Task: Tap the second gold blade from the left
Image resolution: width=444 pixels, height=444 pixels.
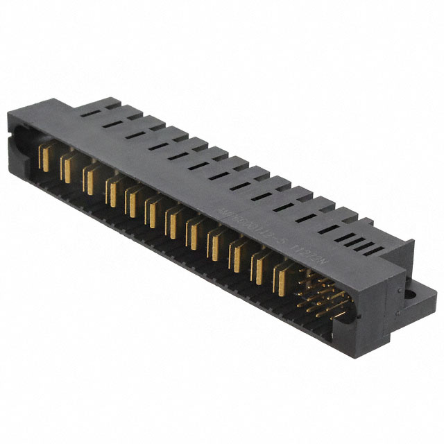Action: coord(67,167)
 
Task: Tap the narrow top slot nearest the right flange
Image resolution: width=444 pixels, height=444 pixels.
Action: coord(375,248)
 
